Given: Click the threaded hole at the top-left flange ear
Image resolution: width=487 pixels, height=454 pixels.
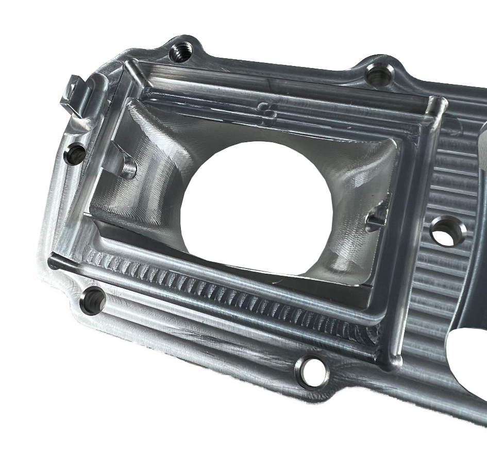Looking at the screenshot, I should point(181,51).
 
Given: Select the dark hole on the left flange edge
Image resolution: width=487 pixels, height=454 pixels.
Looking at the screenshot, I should point(75,153).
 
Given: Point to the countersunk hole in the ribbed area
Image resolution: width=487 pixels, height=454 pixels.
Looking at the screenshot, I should point(446,230).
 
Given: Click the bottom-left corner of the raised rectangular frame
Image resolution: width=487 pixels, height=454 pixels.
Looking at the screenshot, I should point(54,260).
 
